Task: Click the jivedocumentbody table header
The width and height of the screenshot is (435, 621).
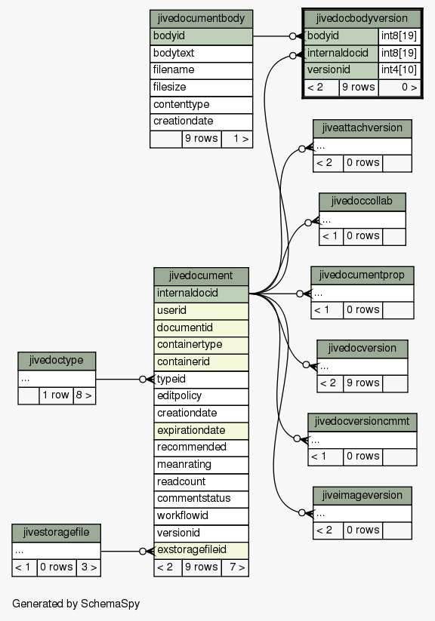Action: tap(201, 19)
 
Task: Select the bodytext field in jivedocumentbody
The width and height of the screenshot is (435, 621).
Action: tap(201, 54)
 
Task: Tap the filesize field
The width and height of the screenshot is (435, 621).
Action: tap(201, 88)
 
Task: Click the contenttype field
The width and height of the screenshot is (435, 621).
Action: tap(201, 105)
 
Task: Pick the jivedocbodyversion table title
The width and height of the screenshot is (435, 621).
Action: tap(362, 19)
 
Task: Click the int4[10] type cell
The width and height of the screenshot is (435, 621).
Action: tap(399, 70)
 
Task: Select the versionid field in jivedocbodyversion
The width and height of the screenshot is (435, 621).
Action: tap(341, 70)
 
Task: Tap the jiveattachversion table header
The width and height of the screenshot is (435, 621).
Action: tap(362, 128)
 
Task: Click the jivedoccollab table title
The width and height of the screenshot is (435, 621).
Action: tap(362, 201)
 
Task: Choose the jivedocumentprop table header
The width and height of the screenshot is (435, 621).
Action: tap(362, 275)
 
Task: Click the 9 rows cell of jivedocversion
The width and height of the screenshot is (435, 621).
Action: tap(362, 383)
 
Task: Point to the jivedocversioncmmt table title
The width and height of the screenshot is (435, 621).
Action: tap(362, 422)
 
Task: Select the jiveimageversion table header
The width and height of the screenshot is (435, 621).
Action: tap(362, 496)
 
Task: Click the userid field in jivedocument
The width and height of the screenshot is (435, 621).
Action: tap(201, 311)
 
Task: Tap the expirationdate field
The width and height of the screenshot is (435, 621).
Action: tap(201, 431)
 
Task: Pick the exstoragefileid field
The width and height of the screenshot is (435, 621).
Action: tap(201, 550)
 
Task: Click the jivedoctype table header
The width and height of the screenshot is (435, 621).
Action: tap(57, 361)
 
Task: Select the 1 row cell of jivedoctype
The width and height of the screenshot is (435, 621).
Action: tap(56, 395)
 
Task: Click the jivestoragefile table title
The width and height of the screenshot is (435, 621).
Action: tap(57, 533)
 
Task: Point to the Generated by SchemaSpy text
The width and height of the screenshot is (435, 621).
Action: tap(76, 604)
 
